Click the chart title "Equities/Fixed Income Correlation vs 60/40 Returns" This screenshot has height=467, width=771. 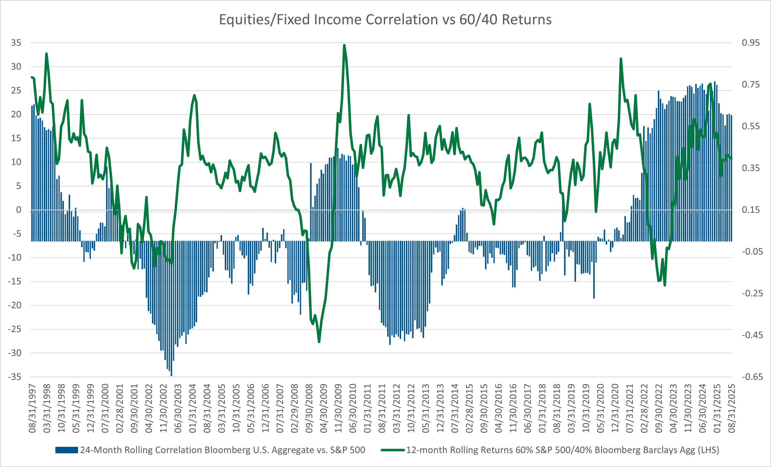(x=385, y=19)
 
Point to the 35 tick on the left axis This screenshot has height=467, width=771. (x=16, y=43)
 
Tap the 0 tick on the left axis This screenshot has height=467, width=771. (x=18, y=210)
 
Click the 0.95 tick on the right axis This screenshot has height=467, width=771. (x=750, y=43)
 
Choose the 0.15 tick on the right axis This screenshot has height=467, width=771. (x=750, y=210)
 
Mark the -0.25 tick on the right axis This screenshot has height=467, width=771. (x=752, y=293)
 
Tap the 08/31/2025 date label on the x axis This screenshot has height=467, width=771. (x=732, y=408)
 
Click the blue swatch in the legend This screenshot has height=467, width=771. (x=67, y=450)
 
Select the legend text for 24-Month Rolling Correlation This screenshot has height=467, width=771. (x=222, y=450)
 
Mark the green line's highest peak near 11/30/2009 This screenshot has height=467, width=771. (x=344, y=45)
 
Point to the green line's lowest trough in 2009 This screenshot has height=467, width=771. (x=319, y=342)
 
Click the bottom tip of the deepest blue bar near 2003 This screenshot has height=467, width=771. (x=171, y=375)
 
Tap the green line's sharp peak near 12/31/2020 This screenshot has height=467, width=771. (x=621, y=59)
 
